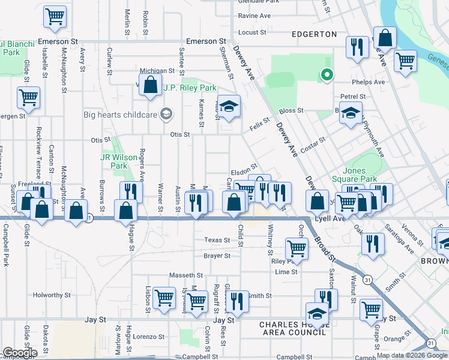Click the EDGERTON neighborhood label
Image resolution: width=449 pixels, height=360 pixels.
coord(314,34)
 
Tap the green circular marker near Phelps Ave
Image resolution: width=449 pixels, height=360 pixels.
coord(327,75)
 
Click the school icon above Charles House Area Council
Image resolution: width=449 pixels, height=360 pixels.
coord(318,313)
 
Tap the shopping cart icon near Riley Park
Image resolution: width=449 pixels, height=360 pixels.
coord(297,247)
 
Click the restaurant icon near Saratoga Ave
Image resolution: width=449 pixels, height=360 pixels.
coord(373,244)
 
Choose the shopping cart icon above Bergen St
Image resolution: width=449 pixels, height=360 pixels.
coord(28,97)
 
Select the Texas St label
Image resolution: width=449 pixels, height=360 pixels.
coord(217,240)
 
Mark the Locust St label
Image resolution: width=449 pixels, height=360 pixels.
coord(252,32)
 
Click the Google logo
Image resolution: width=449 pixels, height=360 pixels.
coord(20,353)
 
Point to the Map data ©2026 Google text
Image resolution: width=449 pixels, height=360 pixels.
coord(411,355)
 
